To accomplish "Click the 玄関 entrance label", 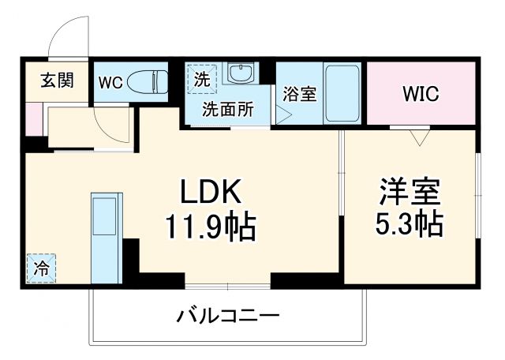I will (58, 81).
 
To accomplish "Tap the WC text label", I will (109, 81).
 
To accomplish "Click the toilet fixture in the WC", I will (148, 81).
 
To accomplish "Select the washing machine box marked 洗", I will (201, 80).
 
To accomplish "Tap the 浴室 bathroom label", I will (301, 93).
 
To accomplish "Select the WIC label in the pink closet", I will (421, 94).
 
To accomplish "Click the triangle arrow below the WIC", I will (419, 138).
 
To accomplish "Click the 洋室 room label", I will (409, 191).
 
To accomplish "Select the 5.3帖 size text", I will (409, 225).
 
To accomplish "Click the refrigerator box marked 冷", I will (40, 267).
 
